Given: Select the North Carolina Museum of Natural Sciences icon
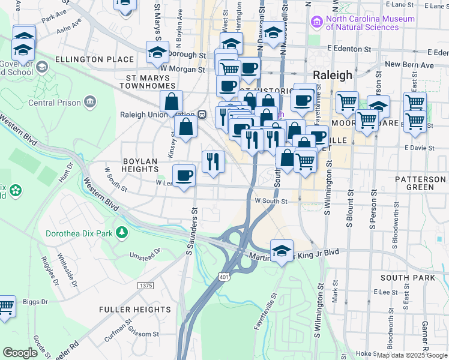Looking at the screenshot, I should (x=316, y=22).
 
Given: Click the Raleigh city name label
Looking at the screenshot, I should (x=332, y=75).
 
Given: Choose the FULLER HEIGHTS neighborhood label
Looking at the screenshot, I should (x=128, y=310).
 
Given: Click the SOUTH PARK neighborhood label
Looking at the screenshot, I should (x=407, y=278).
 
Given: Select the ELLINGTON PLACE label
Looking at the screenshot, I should (x=94, y=59).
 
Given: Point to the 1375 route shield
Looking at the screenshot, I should (x=145, y=286).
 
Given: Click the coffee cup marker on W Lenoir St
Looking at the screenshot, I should (x=184, y=176).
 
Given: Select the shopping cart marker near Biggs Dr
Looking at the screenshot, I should (x=5, y=307).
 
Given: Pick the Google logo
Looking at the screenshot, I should (x=20, y=353).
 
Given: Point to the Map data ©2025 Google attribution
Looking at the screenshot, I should (x=411, y=355).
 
